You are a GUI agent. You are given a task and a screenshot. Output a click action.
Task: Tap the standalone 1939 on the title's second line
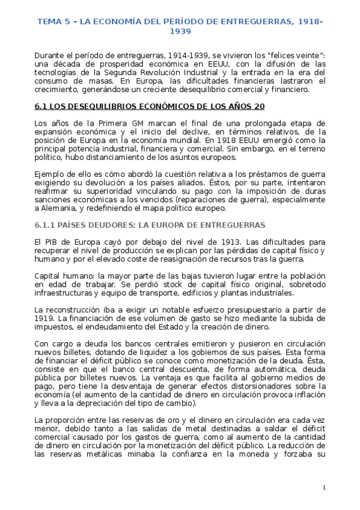pos(180,31)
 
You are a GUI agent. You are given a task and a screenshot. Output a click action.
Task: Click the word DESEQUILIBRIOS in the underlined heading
pos(93,107)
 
